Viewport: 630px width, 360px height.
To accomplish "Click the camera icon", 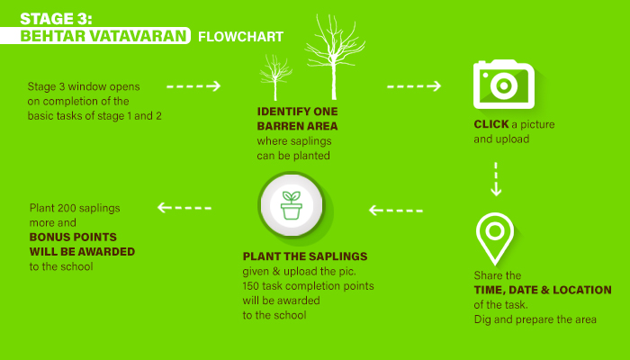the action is click(504, 85).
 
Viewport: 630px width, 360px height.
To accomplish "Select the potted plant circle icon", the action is click(292, 205).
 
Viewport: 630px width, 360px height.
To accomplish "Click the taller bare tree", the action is click(334, 56).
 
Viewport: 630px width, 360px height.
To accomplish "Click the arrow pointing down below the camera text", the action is click(496, 179).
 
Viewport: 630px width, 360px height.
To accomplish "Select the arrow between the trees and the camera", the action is click(414, 86).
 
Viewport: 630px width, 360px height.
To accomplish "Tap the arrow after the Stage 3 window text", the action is click(193, 86).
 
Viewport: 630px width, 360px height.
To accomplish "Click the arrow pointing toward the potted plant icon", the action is click(396, 210).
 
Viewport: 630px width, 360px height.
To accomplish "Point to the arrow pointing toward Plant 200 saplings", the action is click(184, 208).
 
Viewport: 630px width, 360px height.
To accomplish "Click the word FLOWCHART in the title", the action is click(240, 37).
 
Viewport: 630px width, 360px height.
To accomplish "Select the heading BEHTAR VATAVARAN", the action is click(103, 36).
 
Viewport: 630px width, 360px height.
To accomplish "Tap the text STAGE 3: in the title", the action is click(56, 19).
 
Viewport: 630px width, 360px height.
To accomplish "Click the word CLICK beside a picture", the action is click(491, 124).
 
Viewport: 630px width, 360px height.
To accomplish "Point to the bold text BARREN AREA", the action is click(297, 126).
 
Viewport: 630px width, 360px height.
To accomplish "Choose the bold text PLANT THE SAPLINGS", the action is click(305, 256).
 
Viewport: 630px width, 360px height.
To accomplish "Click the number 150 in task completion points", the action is click(251, 286).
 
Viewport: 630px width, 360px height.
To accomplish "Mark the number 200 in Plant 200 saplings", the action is click(66, 208).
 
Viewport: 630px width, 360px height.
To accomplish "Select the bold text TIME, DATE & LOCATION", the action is click(543, 290).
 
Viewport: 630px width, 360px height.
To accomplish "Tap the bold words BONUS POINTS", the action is click(73, 237).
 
